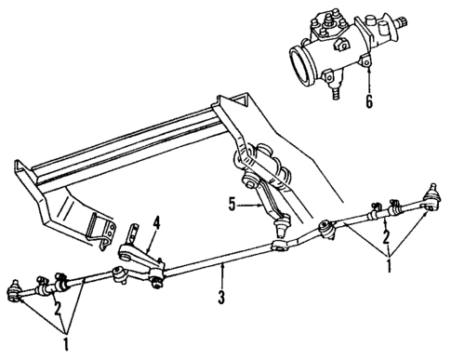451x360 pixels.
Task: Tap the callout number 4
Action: tap(155, 221)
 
